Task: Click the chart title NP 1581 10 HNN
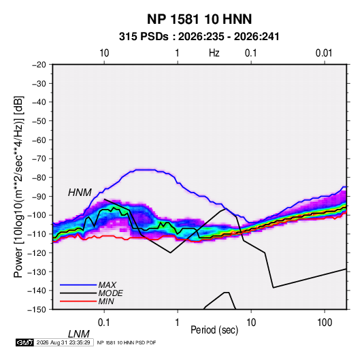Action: pos(199,19)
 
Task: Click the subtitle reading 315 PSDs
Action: pos(144,37)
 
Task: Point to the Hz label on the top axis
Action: pos(214,53)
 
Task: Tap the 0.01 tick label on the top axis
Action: pos(324,53)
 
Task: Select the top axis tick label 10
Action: pos(104,53)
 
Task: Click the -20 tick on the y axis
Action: pos(39,65)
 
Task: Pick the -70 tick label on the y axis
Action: pos(39,159)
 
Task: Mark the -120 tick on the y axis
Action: pos(37,253)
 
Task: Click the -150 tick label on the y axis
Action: pos(37,310)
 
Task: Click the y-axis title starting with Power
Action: pos(18,187)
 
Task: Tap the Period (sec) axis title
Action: pos(214,330)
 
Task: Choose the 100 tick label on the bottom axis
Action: pos(325,322)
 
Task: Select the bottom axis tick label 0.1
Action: pos(104,322)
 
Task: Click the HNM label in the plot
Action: pos(80,193)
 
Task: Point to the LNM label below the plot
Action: pos(79,334)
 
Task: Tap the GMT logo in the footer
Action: pos(25,342)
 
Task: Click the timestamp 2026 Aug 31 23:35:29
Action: pos(63,342)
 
